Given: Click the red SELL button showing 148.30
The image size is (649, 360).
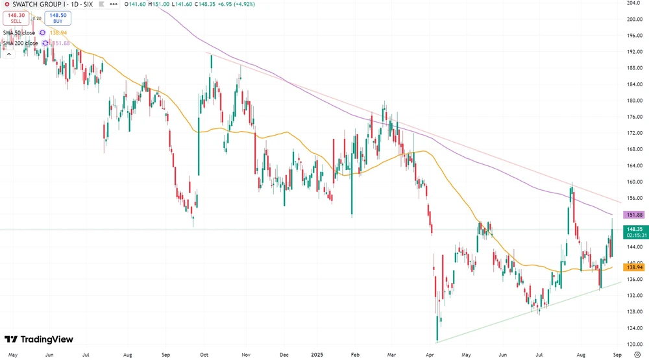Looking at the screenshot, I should [16, 18].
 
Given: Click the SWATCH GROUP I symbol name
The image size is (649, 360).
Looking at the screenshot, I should [39, 4].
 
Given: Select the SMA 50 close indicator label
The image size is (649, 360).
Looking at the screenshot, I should [19, 32].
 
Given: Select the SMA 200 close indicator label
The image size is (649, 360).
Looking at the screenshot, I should [20, 43].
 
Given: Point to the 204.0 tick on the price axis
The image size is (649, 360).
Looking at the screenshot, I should [634, 3].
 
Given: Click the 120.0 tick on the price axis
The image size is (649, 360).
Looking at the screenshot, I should [634, 344].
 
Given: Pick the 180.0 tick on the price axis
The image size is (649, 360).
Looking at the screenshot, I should [634, 101].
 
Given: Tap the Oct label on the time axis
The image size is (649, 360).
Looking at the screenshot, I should [204, 355].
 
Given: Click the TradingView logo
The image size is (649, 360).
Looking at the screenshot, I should [39, 339].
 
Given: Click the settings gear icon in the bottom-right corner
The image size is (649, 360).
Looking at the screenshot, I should [637, 355].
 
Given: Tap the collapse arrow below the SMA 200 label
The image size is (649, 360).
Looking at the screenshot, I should [9, 54].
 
